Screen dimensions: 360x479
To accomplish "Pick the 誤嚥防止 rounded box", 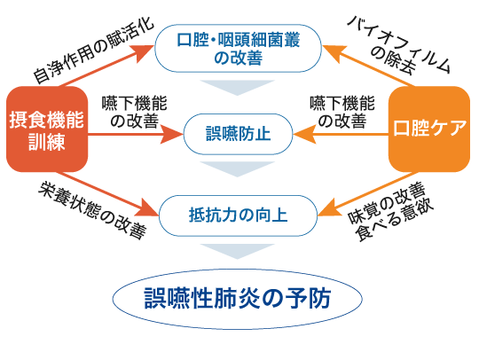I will click(x=238, y=135).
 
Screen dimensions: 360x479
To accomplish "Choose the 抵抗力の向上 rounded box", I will click(x=237, y=214).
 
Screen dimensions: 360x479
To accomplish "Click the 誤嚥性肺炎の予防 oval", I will click(x=238, y=297).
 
